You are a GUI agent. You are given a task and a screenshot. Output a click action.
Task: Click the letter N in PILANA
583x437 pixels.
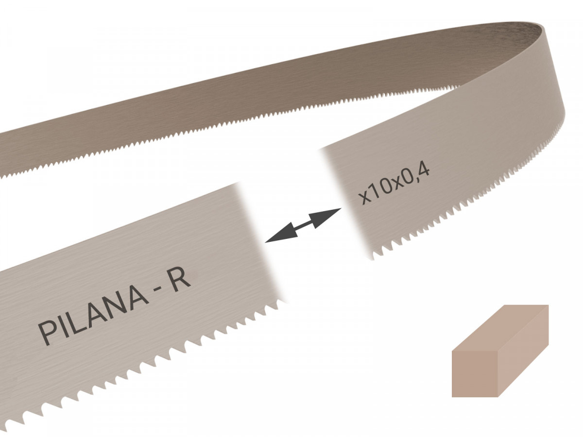point(114,309)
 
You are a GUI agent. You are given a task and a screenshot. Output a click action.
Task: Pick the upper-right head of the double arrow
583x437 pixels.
point(330,213)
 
